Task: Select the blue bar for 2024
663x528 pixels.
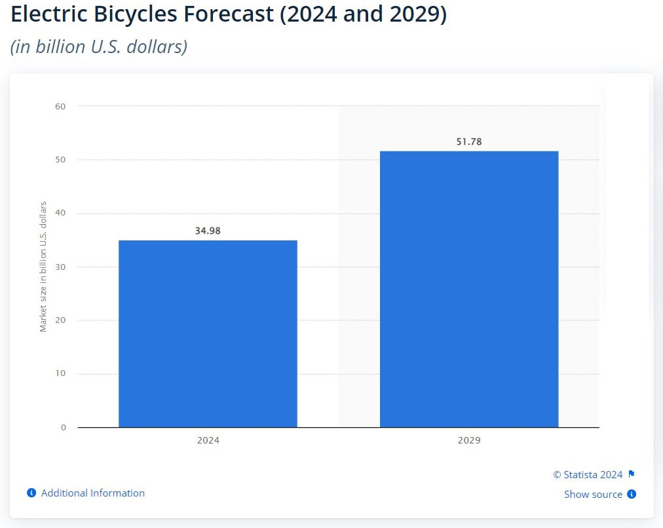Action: click(208, 334)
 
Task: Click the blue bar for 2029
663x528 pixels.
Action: click(469, 290)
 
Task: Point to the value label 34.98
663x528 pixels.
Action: click(208, 231)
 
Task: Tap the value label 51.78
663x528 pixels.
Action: click(469, 141)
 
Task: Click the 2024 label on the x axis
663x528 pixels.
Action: click(208, 440)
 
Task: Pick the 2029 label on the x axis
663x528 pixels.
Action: click(469, 440)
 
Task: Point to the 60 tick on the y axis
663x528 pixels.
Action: click(60, 106)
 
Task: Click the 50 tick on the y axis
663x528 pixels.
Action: click(60, 160)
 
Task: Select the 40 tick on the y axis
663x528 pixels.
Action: click(60, 214)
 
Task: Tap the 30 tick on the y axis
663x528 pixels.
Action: click(60, 267)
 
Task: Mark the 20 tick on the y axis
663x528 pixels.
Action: click(60, 320)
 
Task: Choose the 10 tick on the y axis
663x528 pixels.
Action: click(60, 374)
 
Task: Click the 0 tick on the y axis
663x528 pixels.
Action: click(63, 428)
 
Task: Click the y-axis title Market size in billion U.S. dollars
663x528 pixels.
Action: click(43, 267)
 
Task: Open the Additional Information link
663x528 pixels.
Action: click(92, 493)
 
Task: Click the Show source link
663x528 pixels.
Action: click(593, 494)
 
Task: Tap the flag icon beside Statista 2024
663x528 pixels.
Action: click(632, 474)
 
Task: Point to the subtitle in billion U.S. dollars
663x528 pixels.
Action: click(99, 47)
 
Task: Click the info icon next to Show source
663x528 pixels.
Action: click(632, 494)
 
